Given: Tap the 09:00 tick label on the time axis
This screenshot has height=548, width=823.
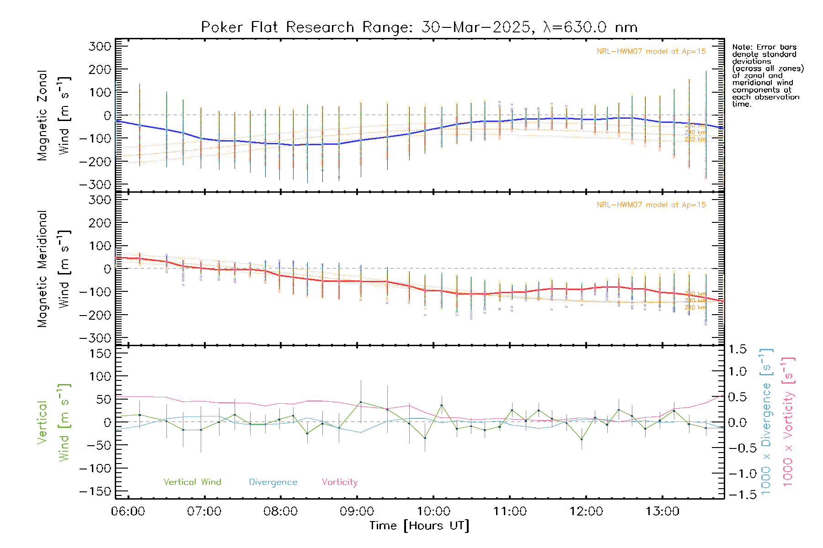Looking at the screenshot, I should coord(357,511).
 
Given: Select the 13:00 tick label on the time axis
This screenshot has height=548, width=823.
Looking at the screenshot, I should coord(663,511).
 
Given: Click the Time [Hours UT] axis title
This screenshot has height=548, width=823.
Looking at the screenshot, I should coord(419,526).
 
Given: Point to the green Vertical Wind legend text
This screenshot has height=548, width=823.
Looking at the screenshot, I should coord(192,482).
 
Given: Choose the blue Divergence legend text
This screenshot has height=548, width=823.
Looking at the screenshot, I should coord(273,482).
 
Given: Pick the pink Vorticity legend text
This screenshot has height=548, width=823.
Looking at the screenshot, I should coord(339,482).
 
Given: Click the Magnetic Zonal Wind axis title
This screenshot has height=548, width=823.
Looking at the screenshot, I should coord(53,115).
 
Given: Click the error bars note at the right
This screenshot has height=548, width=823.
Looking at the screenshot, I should coord(767,75).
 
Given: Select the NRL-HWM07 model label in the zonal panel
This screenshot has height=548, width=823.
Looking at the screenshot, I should coord(651,52).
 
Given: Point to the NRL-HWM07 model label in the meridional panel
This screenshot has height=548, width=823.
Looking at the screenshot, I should coord(651,205).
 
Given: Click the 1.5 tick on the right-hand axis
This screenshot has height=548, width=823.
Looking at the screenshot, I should coord(737,349).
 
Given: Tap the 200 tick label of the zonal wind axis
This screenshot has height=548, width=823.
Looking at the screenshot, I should coord(100,69).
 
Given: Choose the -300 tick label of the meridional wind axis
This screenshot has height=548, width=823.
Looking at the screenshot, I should coord(96,338).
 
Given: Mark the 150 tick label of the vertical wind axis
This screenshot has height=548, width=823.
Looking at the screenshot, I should coord(100,353).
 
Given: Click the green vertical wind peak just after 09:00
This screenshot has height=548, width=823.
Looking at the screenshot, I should coord(361,402).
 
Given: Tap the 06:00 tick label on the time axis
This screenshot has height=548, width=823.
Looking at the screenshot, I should coord(128,511).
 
